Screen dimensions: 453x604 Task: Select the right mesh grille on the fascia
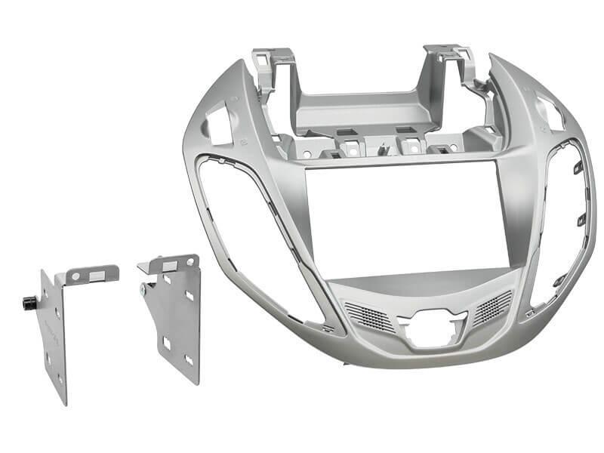click(492, 306)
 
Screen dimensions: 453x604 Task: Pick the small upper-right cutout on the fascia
click(550, 111)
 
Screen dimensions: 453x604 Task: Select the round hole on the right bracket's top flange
click(190, 262)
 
